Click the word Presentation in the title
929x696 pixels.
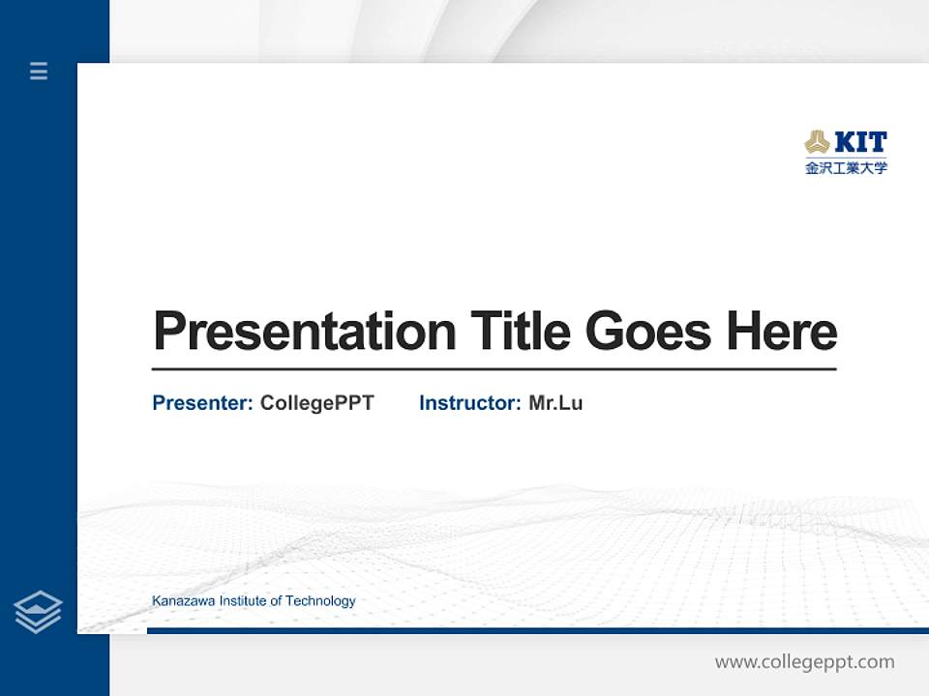point(304,332)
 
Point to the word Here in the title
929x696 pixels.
point(781,332)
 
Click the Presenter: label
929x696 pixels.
point(202,403)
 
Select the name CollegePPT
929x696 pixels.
point(316,403)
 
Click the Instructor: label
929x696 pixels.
point(469,403)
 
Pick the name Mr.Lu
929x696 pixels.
point(555,403)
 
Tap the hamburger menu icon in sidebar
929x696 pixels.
point(39,71)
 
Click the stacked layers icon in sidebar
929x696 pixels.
point(38,612)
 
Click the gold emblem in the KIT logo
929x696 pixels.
point(817,143)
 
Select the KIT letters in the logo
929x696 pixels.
point(859,143)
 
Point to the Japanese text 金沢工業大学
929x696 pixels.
point(846,167)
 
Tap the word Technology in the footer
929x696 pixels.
point(321,601)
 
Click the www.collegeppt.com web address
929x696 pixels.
point(804,662)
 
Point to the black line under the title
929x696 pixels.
point(494,369)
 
